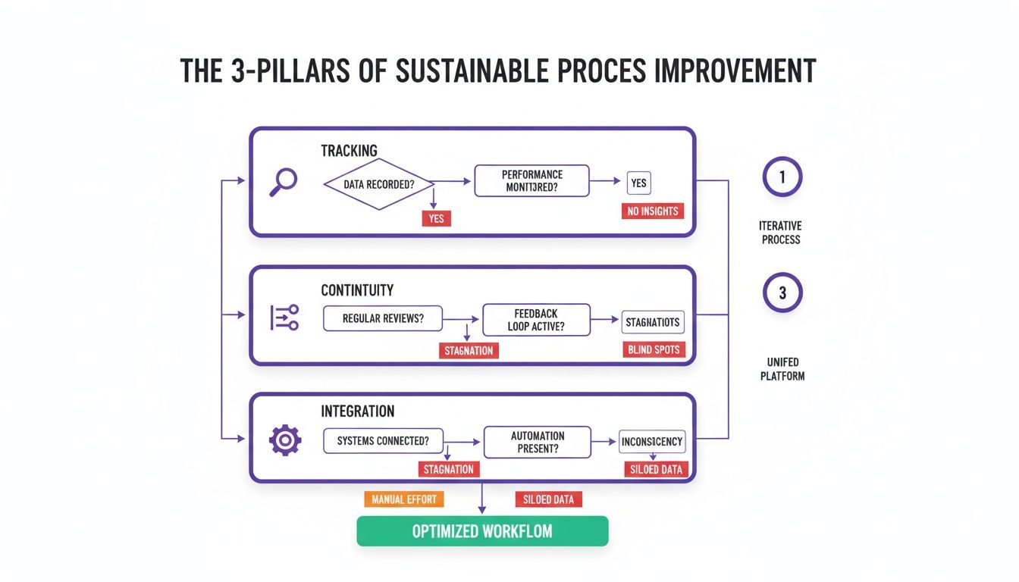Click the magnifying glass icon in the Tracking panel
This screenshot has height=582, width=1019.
pyautogui.click(x=283, y=183)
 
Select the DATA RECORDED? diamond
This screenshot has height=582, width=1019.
pyautogui.click(x=378, y=184)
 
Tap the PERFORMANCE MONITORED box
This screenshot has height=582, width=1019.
pyautogui.click(x=531, y=181)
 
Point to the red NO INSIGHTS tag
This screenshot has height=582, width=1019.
pyautogui.click(x=652, y=211)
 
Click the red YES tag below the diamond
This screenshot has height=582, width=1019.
pyautogui.click(x=436, y=218)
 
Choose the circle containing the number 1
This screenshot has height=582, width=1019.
pyautogui.click(x=782, y=177)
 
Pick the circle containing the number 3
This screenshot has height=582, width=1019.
pyautogui.click(x=782, y=293)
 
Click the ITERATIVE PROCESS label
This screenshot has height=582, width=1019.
pyautogui.click(x=780, y=233)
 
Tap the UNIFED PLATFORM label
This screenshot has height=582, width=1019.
pyautogui.click(x=782, y=369)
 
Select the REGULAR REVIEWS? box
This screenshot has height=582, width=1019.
pyautogui.click(x=383, y=318)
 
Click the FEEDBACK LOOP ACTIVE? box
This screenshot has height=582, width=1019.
pyautogui.click(x=536, y=320)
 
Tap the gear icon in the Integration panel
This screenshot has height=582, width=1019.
pyautogui.click(x=285, y=440)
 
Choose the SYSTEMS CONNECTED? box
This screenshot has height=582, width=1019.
pyautogui.click(x=383, y=441)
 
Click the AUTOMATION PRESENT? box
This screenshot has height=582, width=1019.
pyautogui.click(x=536, y=442)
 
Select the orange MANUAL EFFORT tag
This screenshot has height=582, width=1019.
pyautogui.click(x=404, y=499)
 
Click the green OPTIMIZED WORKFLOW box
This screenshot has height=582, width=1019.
pyautogui.click(x=482, y=531)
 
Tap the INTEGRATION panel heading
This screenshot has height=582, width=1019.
pyautogui.click(x=357, y=411)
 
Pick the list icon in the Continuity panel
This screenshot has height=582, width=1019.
pyautogui.click(x=284, y=318)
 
